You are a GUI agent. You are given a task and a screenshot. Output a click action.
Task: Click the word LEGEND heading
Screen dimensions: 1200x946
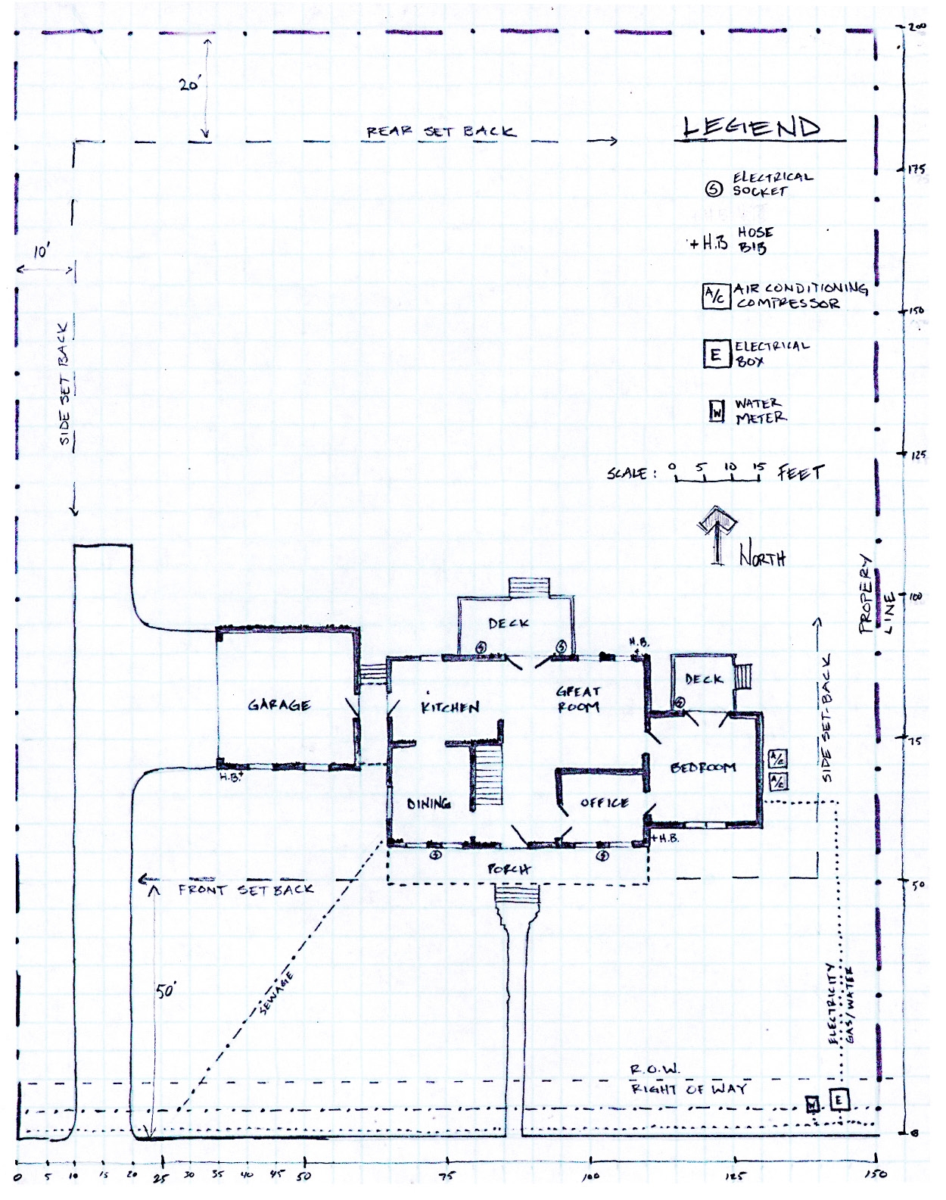point(752,127)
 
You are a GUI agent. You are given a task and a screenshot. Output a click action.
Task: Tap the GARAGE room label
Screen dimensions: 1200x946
point(279,705)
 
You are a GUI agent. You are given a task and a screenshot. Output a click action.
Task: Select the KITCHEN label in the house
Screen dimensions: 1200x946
point(450,707)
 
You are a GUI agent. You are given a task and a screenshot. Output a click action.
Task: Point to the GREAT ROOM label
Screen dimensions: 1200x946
point(578,699)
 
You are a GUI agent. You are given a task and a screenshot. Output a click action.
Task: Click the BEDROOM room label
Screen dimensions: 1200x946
point(703,768)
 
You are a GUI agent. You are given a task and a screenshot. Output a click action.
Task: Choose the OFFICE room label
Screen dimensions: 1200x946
point(604,803)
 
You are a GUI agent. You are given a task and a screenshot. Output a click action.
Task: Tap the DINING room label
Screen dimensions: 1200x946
point(429,803)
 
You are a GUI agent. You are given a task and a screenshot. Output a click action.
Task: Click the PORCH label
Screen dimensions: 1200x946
point(509,869)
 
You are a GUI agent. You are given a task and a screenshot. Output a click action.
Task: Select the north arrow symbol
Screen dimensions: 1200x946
point(717,534)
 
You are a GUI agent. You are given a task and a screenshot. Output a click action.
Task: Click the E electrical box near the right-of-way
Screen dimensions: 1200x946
point(839,1099)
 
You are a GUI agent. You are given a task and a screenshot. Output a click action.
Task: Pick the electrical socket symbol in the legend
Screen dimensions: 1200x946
point(714,189)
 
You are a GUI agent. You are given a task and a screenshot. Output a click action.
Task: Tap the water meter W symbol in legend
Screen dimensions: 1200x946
point(717,411)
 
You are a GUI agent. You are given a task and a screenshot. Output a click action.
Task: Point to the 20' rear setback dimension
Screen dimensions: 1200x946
point(189,86)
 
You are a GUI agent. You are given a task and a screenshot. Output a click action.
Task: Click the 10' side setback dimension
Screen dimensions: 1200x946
point(42,252)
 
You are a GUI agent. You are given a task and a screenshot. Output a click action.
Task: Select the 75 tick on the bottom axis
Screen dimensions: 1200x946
point(447,1175)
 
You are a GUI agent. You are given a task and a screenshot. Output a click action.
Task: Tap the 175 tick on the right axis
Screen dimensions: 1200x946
point(916,169)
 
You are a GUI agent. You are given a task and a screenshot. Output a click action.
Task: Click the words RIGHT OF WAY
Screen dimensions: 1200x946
point(689,1089)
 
